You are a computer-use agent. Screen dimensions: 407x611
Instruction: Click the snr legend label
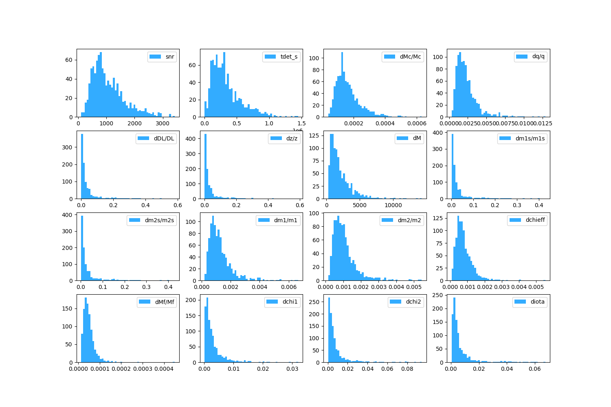[170, 57]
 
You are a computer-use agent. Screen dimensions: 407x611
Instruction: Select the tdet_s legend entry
[289, 57]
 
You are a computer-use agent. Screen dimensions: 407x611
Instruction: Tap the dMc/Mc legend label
[410, 57]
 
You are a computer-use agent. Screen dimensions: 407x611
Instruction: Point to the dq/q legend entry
[538, 57]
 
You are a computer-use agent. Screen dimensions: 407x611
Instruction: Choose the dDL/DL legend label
[164, 138]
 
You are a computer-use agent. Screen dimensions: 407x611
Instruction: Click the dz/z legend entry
[292, 138]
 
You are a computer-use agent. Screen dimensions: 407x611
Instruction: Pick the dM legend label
[417, 138]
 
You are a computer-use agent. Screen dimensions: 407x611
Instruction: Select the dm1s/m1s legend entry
[530, 138]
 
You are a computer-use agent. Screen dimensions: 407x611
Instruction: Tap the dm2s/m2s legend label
[159, 220]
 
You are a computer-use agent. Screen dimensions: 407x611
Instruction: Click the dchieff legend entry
[535, 220]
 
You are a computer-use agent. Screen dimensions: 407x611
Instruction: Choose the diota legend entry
[537, 302]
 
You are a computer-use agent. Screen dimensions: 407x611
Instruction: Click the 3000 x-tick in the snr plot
[163, 123]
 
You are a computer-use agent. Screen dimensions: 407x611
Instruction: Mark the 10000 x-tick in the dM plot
[393, 205]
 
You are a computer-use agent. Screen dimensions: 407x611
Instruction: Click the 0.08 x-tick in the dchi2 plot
[407, 369]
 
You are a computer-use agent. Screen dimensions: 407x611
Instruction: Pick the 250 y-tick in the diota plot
[440, 295]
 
